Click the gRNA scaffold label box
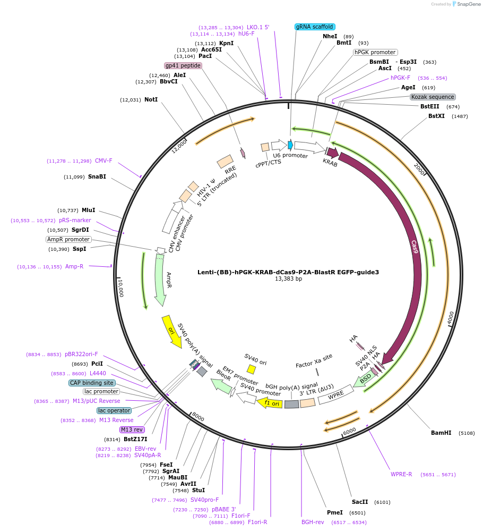click(x=314, y=27)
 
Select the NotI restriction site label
click(x=151, y=99)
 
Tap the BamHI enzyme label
click(x=441, y=433)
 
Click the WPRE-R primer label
click(x=401, y=474)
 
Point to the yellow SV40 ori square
click(x=251, y=369)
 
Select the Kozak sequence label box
click(x=433, y=97)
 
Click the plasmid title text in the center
click(x=288, y=272)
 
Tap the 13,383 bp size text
click(x=288, y=279)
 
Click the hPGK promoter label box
click(x=375, y=52)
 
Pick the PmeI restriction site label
click(x=334, y=512)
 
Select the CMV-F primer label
click(x=103, y=161)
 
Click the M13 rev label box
click(x=132, y=429)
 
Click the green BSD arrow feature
click(x=365, y=378)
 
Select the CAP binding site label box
click(x=92, y=383)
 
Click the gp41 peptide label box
click(x=183, y=65)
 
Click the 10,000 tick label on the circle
click(x=121, y=288)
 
